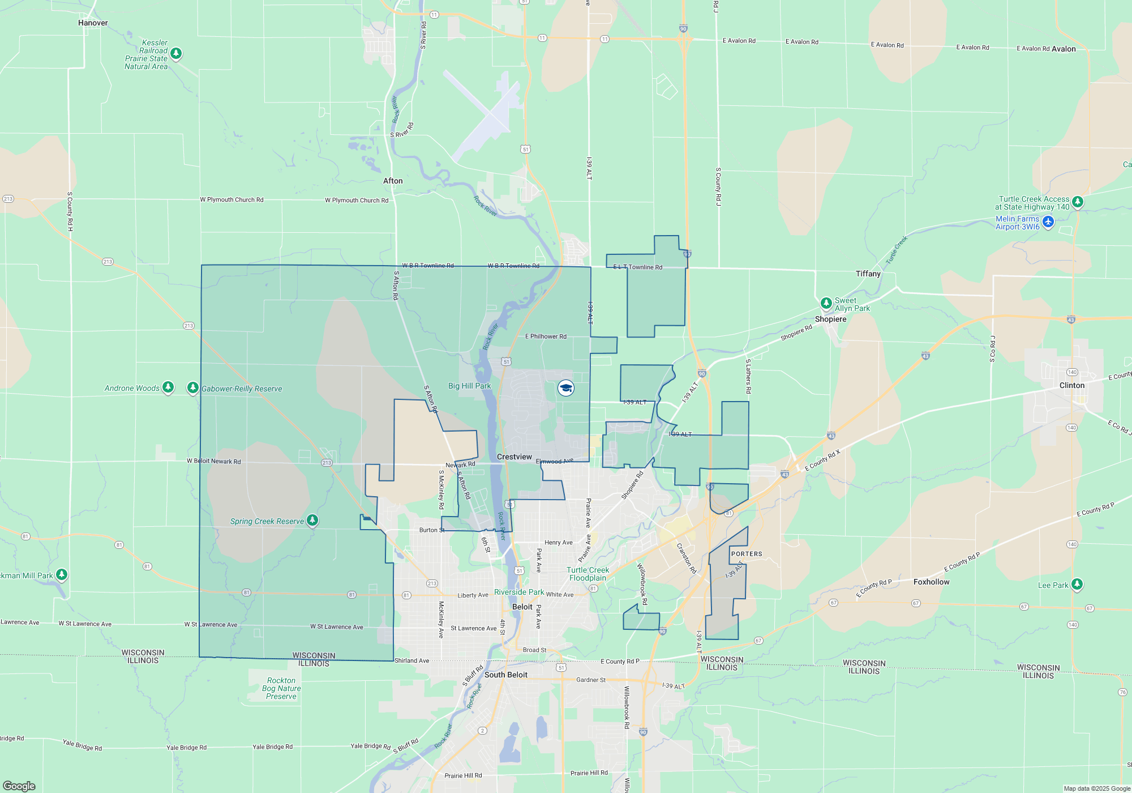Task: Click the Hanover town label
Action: pos(93,23)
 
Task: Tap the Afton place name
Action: pos(393,181)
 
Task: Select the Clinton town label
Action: pos(1072,385)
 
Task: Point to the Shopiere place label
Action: pos(830,319)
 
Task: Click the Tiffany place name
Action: pos(868,274)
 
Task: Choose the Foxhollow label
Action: pos(931,582)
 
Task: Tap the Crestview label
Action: pos(514,457)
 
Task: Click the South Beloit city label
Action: pos(505,675)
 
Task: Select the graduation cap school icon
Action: pos(566,388)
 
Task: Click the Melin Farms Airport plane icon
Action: pos(1048,222)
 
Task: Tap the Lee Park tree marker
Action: pos(1077,584)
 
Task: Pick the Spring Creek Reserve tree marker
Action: pos(312,520)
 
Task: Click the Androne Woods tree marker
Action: pos(168,387)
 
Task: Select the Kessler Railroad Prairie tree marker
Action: pos(176,53)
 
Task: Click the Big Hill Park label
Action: pos(469,386)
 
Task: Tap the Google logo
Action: pos(19,786)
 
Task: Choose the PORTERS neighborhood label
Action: pos(747,554)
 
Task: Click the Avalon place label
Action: pos(1064,49)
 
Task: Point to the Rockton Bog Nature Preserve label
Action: pos(281,688)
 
